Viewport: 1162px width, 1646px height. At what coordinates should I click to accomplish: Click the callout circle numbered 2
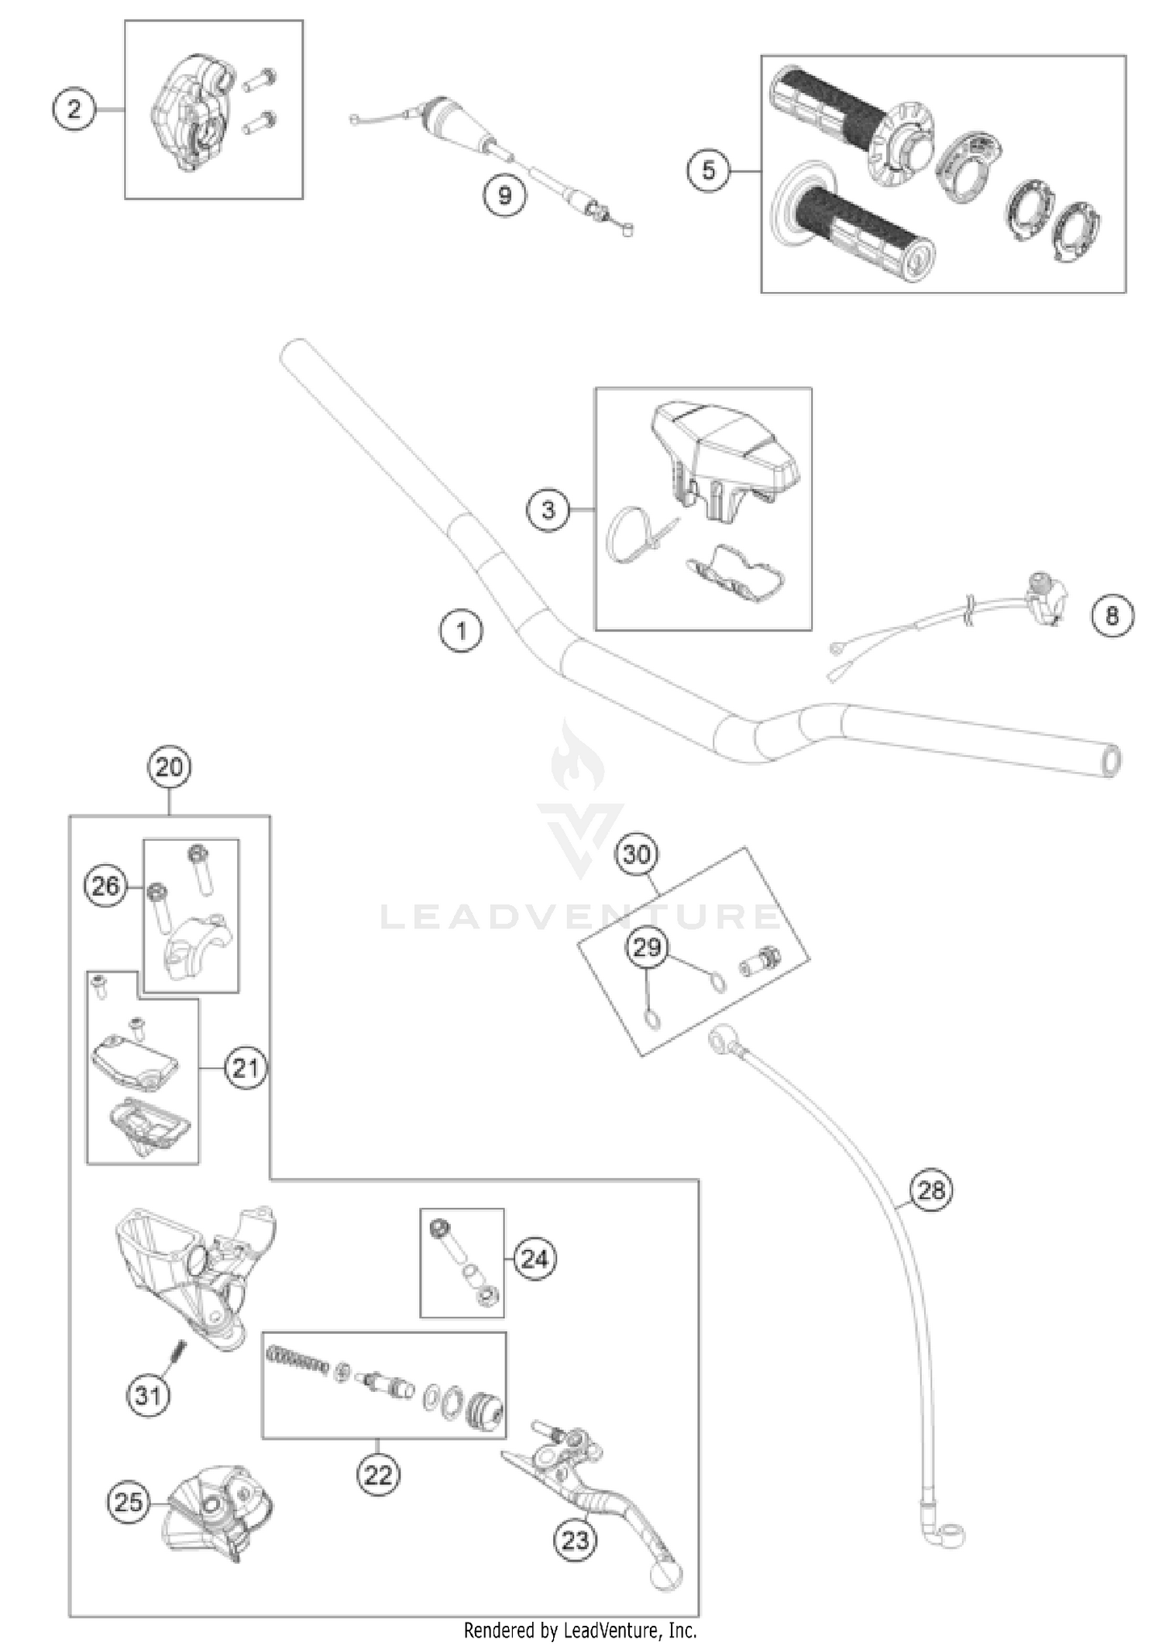click(x=74, y=109)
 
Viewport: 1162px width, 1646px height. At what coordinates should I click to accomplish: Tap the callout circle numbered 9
click(x=504, y=195)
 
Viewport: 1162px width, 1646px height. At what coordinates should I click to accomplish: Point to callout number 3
click(x=548, y=510)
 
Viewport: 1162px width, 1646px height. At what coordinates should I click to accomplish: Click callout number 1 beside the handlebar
click(x=461, y=631)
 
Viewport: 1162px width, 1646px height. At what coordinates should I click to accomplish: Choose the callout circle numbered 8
click(x=1112, y=616)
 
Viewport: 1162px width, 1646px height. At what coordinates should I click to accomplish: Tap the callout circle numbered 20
click(x=169, y=768)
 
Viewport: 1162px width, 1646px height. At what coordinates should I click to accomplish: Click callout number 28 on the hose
click(x=931, y=1189)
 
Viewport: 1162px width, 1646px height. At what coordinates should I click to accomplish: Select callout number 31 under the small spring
click(x=148, y=1395)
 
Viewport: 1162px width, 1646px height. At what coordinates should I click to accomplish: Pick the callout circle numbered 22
click(x=378, y=1474)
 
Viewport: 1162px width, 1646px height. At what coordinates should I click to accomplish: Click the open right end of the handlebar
click(x=1111, y=761)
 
